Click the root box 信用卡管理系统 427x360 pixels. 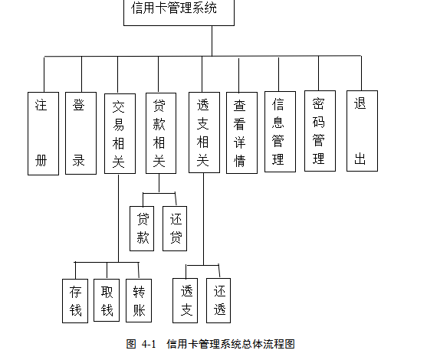pyautogui.click(x=179, y=12)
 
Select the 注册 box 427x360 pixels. pyautogui.click(x=43, y=133)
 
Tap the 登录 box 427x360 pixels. pyautogui.click(x=81, y=133)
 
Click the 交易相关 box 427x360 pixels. pyautogui.click(x=120, y=133)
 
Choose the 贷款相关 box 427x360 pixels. pyautogui.click(x=161, y=133)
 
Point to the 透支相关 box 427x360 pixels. pyautogui.click(x=204, y=133)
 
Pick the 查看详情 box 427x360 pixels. pyautogui.click(x=241, y=133)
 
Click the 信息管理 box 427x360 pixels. pyautogui.click(x=281, y=132)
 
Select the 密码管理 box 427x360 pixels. pyautogui.click(x=320, y=131)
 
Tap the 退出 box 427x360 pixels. pyautogui.click(x=362, y=131)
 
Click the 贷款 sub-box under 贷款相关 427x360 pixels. pyautogui.click(x=142, y=228)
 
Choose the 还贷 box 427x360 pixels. pyautogui.click(x=175, y=228)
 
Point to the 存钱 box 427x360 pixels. pyautogui.click(x=75, y=301)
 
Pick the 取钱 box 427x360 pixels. pyautogui.click(x=107, y=300)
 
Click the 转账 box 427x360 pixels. pyautogui.click(x=139, y=300)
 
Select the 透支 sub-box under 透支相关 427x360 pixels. pyautogui.click(x=186, y=300)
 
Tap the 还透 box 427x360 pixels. pyautogui.click(x=218, y=300)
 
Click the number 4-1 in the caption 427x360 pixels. pyautogui.click(x=149, y=344)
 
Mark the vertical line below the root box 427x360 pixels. pyautogui.click(x=212, y=41)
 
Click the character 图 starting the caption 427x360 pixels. pyautogui.click(x=131, y=344)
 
